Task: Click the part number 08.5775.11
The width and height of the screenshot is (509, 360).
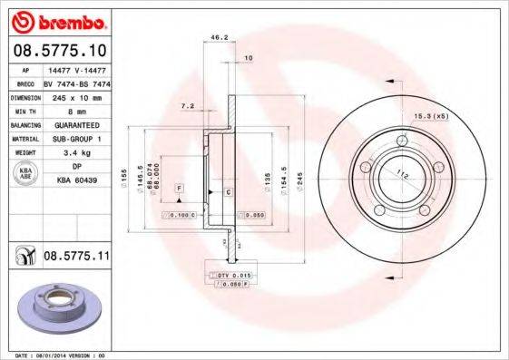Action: pos(76,258)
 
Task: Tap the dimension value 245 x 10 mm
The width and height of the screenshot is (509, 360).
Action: pos(75,96)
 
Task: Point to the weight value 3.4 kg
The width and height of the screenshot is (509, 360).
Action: pos(75,153)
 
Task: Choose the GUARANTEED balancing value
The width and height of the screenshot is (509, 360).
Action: pos(75,125)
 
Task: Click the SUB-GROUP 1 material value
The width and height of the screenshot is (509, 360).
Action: pos(75,139)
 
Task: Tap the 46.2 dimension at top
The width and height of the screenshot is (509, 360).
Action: pos(218,38)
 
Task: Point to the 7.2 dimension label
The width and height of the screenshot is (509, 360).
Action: pos(188,106)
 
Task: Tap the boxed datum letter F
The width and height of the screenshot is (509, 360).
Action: pos(179,186)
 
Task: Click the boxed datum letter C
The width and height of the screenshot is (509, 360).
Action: pos(228,193)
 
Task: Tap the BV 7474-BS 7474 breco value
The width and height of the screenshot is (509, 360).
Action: pos(75,82)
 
